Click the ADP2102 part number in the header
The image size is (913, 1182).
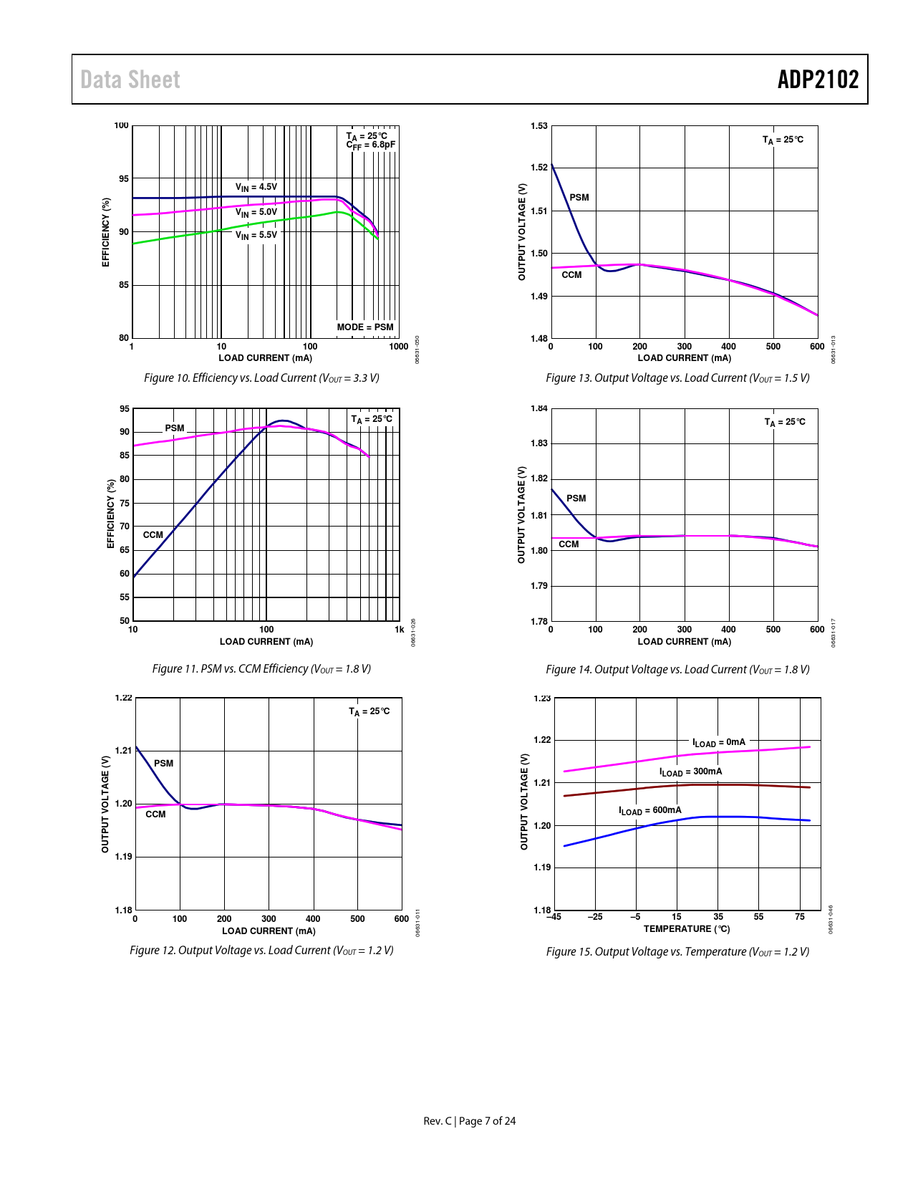[818, 80]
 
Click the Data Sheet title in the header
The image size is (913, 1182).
[130, 80]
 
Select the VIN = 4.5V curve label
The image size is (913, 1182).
[256, 187]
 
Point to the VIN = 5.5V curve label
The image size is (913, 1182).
[256, 235]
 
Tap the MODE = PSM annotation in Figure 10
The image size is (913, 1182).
[365, 327]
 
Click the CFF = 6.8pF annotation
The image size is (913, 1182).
[371, 145]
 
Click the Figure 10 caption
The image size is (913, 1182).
[261, 378]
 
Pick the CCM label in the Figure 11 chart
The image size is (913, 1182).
[153, 535]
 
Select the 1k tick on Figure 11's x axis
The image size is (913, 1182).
[399, 630]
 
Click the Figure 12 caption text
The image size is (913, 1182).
[261, 951]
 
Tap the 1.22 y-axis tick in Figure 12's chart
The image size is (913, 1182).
[124, 698]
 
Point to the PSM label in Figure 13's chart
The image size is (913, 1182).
[579, 198]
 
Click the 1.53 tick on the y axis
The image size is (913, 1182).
[539, 126]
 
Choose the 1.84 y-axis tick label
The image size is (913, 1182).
[539, 408]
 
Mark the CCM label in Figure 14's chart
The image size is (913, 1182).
[569, 544]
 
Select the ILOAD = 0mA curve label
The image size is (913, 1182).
[718, 743]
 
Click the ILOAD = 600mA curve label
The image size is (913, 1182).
[650, 811]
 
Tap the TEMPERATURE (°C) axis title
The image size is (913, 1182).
[687, 929]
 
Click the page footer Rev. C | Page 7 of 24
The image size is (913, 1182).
[470, 1121]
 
